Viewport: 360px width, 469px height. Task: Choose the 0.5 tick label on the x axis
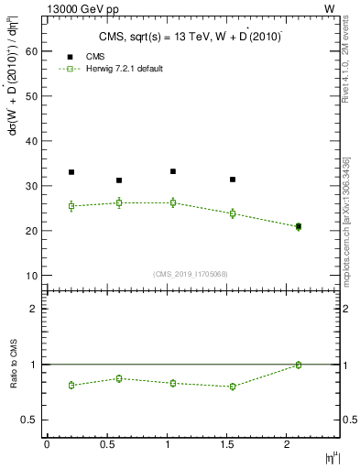click(x=106, y=444)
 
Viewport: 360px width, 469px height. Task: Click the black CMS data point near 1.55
click(x=233, y=180)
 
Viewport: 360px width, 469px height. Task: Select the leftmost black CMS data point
click(x=71, y=172)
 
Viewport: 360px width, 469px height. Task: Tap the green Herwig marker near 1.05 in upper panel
click(x=173, y=202)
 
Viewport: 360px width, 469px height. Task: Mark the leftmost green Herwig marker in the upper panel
click(x=71, y=206)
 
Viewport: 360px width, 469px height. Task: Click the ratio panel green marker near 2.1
click(x=299, y=365)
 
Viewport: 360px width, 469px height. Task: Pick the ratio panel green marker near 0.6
click(x=119, y=378)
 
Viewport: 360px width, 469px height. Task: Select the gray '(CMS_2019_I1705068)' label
click(x=191, y=274)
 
